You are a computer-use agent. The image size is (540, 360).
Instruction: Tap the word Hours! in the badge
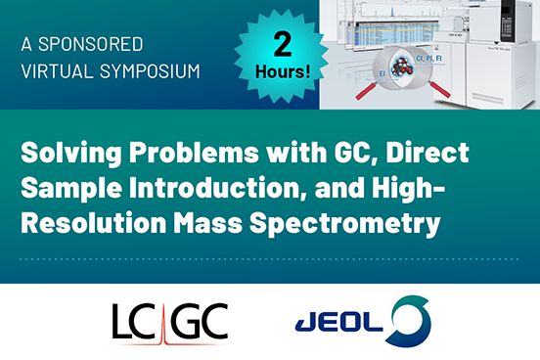[282, 72]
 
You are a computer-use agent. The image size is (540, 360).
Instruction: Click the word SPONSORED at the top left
[92, 44]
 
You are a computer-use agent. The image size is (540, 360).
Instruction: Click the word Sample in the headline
[70, 189]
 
